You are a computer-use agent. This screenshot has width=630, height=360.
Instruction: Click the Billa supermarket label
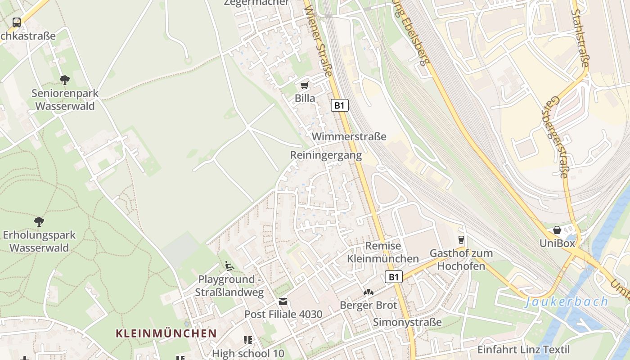coord(305,98)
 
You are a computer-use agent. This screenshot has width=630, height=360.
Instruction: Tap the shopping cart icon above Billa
coord(305,85)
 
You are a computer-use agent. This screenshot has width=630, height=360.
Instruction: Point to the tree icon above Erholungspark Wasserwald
coord(39,221)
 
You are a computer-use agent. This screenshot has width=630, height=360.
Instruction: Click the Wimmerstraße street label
coord(349,136)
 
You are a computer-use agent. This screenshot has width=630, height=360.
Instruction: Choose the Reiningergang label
coord(326,155)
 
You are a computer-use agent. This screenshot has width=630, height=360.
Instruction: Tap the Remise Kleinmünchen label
coord(383,252)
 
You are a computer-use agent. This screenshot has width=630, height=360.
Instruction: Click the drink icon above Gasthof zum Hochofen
coord(461,239)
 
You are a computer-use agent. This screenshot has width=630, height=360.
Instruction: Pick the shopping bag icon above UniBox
coord(557,230)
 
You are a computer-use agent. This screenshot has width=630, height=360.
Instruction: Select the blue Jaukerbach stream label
coord(566,301)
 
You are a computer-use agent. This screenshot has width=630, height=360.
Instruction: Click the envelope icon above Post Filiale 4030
coord(283,301)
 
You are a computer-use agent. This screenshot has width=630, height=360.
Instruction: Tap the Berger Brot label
coord(369,305)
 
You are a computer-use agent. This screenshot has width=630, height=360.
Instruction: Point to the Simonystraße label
coord(407,322)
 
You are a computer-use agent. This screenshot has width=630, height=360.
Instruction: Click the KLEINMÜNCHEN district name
coord(166,333)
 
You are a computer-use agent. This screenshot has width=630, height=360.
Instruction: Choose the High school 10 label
coord(248,353)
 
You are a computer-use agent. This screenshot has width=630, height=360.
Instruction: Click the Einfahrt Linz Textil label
coord(523,350)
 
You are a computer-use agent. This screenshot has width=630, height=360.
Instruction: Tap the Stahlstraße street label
coord(580,39)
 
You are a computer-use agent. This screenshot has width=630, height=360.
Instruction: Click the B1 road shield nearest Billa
coord(340,105)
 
